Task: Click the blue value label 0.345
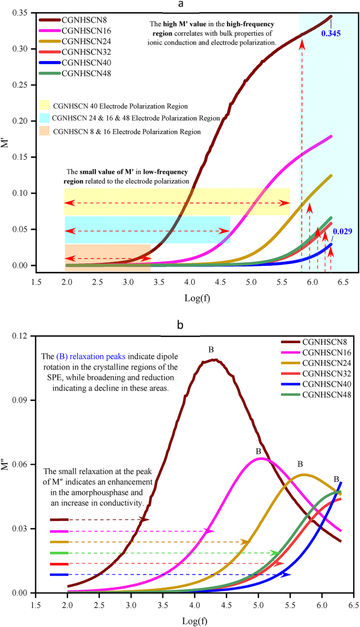333,33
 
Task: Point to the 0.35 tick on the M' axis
21,13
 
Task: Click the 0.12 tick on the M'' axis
21,336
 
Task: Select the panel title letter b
180,326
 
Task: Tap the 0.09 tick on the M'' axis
21,400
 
